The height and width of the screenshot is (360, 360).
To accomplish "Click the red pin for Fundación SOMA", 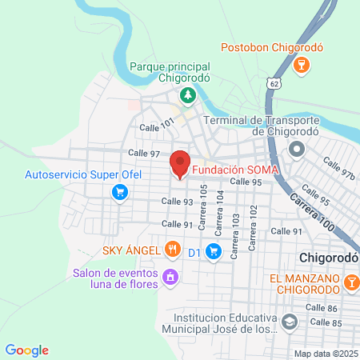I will pyautogui.click(x=180, y=163).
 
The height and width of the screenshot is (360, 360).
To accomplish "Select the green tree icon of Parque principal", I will pyautogui.click(x=188, y=96).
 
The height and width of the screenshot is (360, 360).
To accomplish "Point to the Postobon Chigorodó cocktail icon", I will pyautogui.click(x=302, y=65).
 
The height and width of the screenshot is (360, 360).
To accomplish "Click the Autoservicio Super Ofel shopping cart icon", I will pyautogui.click(x=120, y=191).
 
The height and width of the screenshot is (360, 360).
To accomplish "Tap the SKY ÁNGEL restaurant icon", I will pyautogui.click(x=172, y=250).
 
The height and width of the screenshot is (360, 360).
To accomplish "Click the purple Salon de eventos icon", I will pyautogui.click(x=170, y=277).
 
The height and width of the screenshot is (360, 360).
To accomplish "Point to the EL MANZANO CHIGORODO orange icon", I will pyautogui.click(x=352, y=282).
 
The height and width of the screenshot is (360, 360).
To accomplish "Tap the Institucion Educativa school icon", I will pyautogui.click(x=289, y=322).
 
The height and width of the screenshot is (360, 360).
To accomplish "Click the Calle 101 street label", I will pyautogui.click(x=156, y=125).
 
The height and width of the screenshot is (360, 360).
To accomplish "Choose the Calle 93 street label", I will pyautogui.click(x=177, y=202).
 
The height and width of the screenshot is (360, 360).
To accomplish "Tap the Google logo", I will pyautogui.click(x=26, y=350).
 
